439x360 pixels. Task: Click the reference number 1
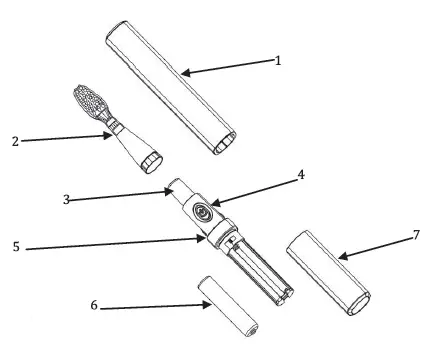coord(279,60)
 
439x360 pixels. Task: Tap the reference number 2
coord(13,140)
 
